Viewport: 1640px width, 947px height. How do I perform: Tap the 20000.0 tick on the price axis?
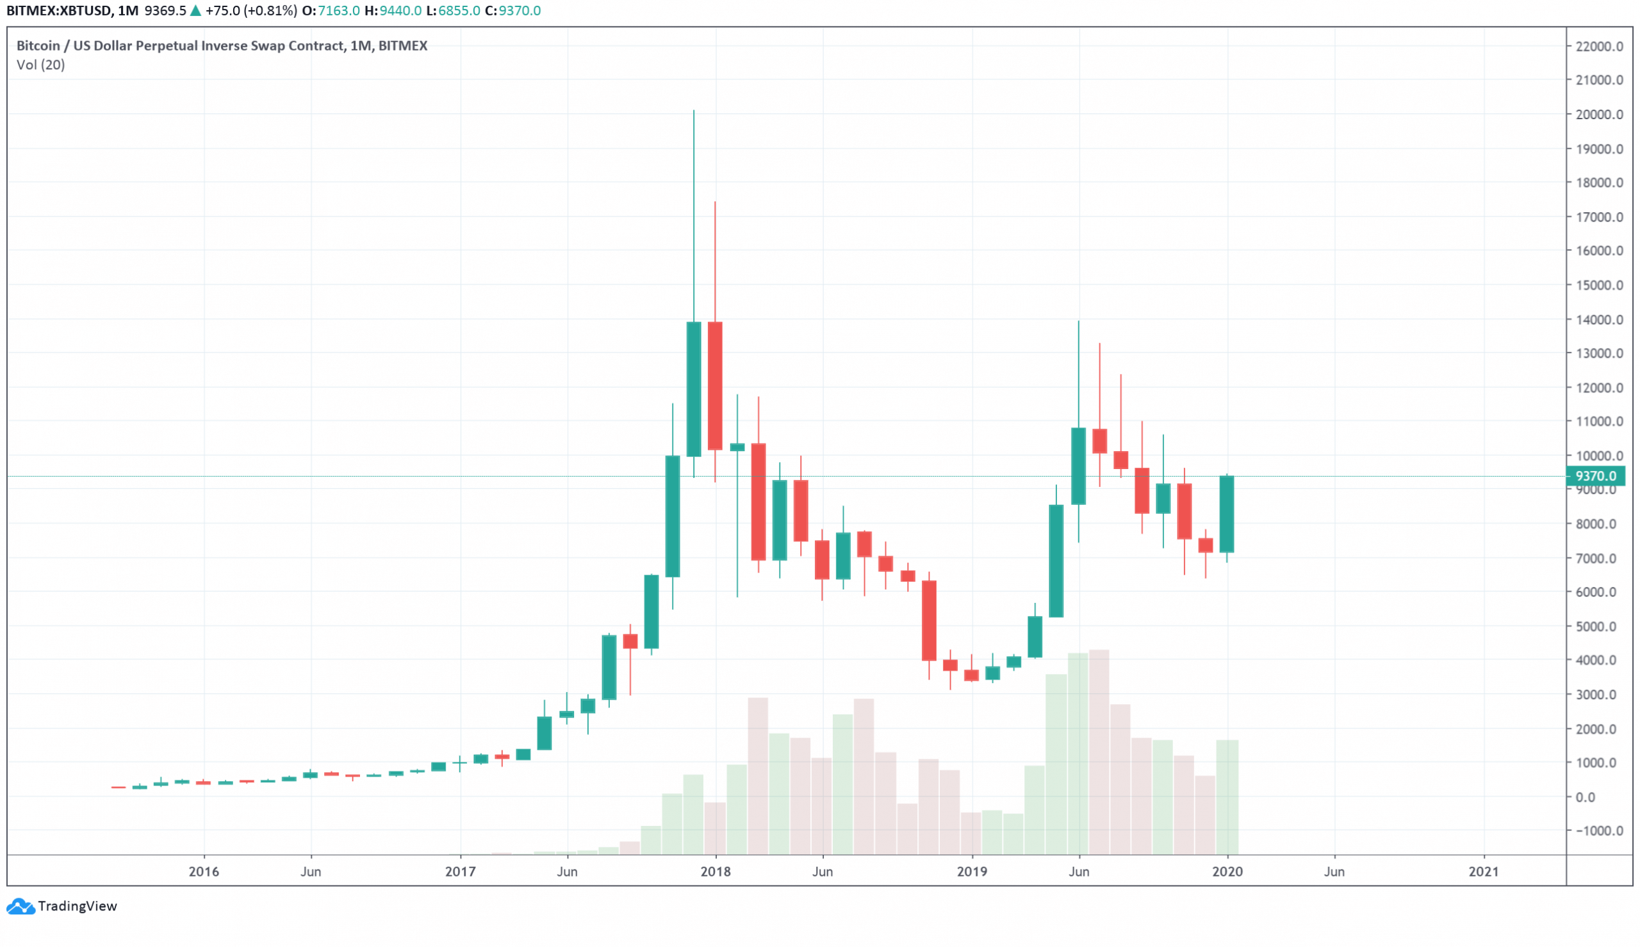pos(1599,115)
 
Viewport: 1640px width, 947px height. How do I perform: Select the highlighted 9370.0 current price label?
pos(1596,476)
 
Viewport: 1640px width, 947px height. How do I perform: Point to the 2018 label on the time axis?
pos(716,871)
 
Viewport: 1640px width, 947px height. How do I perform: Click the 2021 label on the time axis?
pos(1483,871)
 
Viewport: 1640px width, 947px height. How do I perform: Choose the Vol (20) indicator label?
pos(40,65)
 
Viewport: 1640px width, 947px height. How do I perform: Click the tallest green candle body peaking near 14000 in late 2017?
pos(694,389)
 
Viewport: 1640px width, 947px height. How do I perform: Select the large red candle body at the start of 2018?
pos(715,386)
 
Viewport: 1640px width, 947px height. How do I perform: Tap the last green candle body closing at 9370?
pos(1226,514)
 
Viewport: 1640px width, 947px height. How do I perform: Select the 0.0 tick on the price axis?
pos(1586,797)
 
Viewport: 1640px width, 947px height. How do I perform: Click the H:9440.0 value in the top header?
pos(393,10)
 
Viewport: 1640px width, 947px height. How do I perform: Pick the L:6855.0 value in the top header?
pos(454,10)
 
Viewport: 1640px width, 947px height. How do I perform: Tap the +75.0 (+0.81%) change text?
pos(251,10)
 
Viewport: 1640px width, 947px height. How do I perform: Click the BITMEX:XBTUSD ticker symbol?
pos(58,10)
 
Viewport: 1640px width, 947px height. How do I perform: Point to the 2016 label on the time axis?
pos(204,871)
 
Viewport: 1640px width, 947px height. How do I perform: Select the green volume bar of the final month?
pos(1227,797)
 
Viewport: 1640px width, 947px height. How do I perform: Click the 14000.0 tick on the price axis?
pos(1599,319)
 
